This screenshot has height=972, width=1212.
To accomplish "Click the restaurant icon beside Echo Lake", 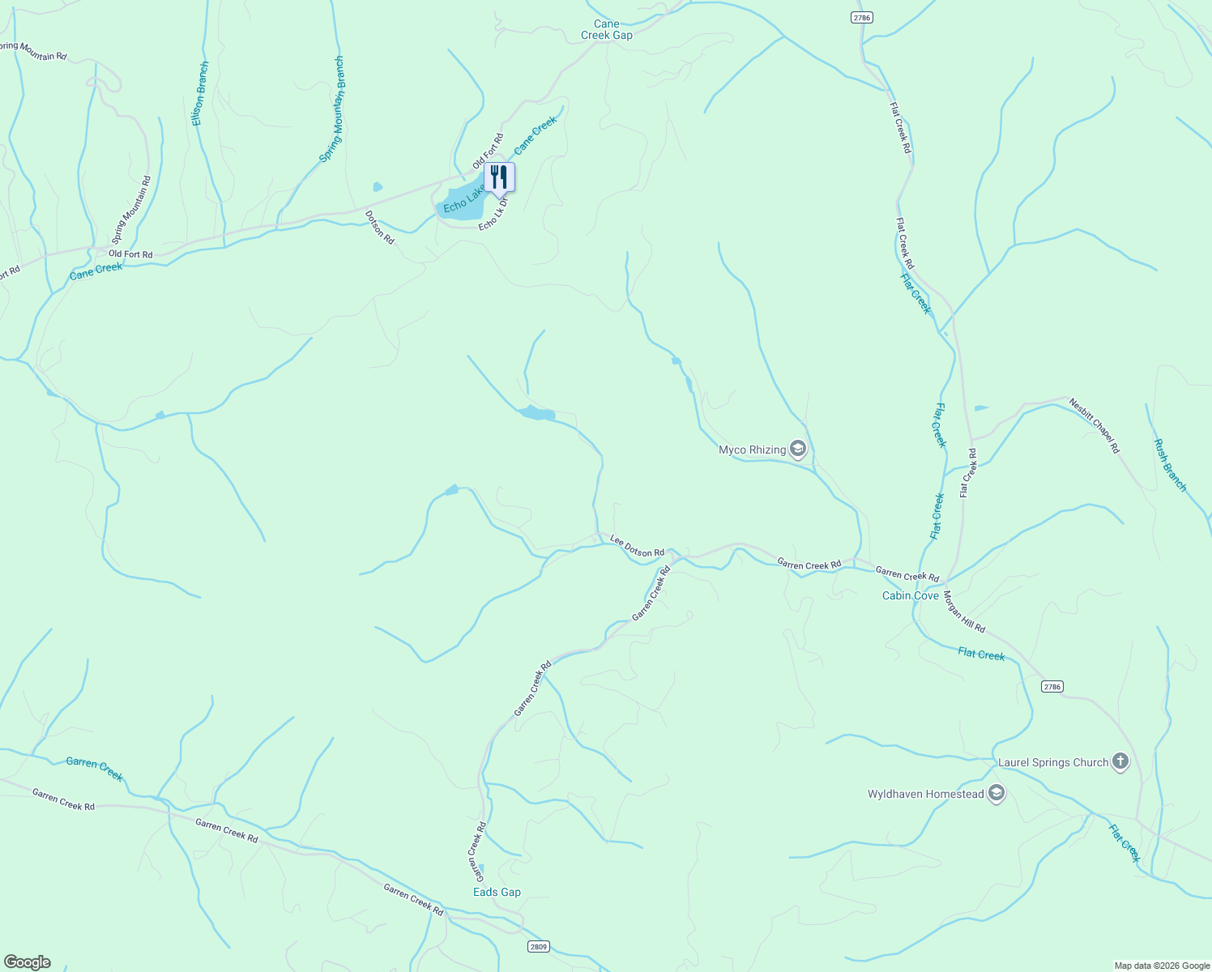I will (x=499, y=176).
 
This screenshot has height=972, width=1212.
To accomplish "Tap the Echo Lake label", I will (x=463, y=198).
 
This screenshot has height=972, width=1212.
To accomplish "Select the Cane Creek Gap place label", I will (x=607, y=30).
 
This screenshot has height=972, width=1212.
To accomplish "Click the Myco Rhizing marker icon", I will (x=798, y=450).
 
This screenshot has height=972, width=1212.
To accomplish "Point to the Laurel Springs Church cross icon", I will (x=1120, y=762).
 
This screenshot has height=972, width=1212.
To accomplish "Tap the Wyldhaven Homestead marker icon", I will (x=996, y=794).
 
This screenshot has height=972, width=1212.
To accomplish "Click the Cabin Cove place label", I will (x=911, y=595).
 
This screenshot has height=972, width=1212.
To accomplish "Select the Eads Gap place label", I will (x=497, y=892).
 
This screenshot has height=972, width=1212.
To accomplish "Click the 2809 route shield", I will (x=539, y=946).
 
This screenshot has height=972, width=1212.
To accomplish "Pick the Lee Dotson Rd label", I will (x=637, y=547).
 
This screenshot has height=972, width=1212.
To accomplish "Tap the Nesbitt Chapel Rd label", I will (x=1094, y=425).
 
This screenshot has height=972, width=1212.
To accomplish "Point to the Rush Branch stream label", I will (x=1170, y=465).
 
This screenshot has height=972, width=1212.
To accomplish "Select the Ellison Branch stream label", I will (x=199, y=93).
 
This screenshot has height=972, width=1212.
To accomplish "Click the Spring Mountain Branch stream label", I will (x=332, y=109).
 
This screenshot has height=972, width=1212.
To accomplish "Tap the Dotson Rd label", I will (x=379, y=228).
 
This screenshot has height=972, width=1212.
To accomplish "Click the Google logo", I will (x=27, y=962).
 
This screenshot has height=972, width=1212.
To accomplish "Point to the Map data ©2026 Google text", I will (x=1161, y=966).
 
